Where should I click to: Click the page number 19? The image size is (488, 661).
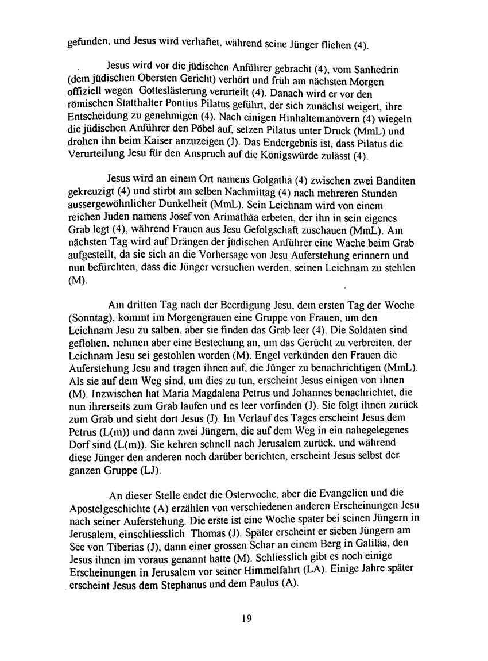[243, 618]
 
